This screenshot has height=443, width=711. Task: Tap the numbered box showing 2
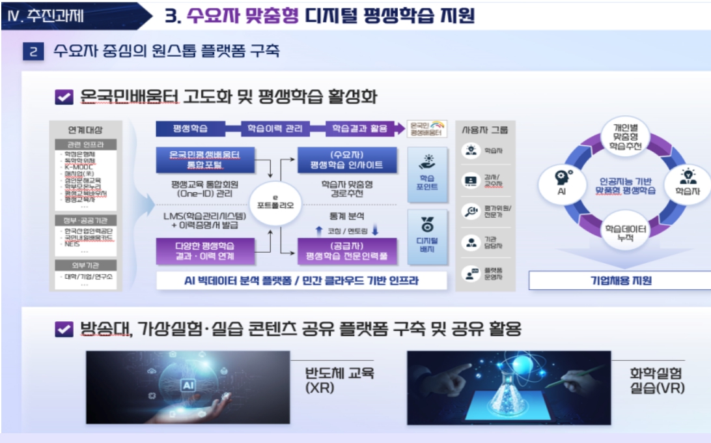point(33,51)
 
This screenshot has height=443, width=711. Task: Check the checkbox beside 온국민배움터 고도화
point(64,97)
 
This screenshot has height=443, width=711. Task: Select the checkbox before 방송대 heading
point(64,329)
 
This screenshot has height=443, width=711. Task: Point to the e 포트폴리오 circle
point(275,204)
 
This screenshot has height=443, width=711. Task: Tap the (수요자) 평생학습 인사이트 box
point(347,160)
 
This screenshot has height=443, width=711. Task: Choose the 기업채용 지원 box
point(619,281)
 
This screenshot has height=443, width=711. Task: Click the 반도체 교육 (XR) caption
point(331,380)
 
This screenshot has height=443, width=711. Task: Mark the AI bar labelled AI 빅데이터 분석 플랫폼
point(301,281)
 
